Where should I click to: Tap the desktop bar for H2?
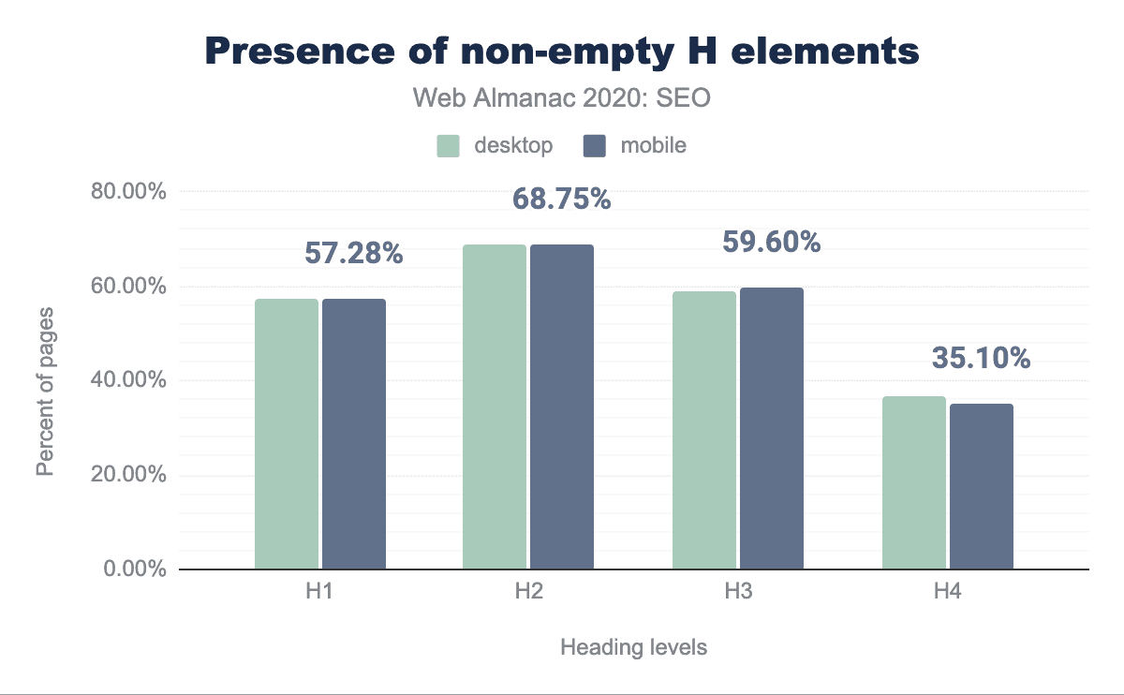495,407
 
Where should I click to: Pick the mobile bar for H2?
562,407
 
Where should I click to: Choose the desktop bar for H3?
704,430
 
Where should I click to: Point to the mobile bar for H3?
772,428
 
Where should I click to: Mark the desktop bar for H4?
914,482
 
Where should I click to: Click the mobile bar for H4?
982,486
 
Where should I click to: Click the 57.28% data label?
354,253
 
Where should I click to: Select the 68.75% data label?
562,200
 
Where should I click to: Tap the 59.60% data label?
772,242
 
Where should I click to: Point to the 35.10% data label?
981,358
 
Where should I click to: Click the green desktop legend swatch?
448,146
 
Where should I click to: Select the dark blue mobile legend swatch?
595,146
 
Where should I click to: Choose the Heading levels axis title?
633,647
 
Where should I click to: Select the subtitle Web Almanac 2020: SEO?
561,97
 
